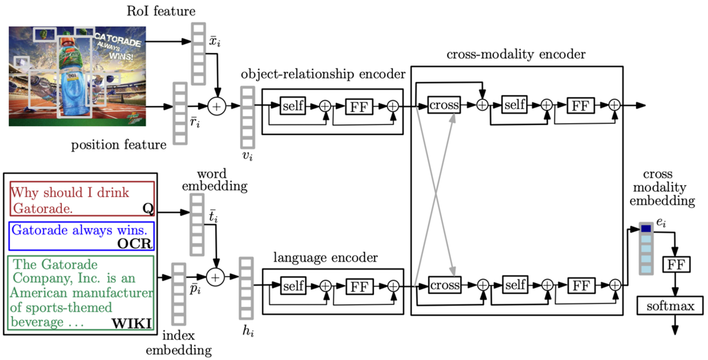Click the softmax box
point(671,306)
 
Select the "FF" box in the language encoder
point(359,285)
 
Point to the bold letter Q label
point(147,209)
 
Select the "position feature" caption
point(118,145)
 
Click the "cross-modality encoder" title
point(516,54)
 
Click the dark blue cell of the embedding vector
point(646,229)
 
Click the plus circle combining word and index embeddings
point(215,277)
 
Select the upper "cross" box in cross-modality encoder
point(444,105)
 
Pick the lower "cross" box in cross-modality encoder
point(444,285)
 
